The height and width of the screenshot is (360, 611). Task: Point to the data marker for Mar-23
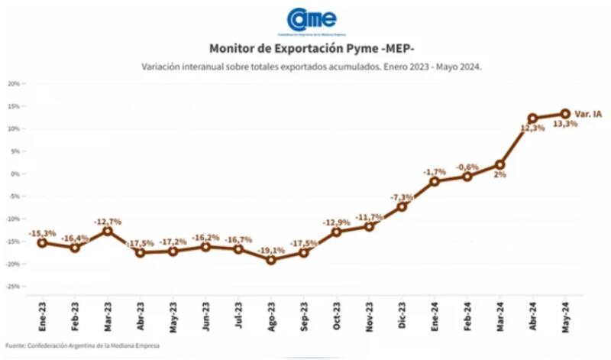point(108,231)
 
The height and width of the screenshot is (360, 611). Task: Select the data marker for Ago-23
point(271,260)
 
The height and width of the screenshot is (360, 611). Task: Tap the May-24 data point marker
point(566,113)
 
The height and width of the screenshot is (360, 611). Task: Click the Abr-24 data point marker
point(532,118)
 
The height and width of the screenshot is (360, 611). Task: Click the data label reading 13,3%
point(565,124)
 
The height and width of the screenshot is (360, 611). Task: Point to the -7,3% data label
point(402,196)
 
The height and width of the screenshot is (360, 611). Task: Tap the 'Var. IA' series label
point(588,114)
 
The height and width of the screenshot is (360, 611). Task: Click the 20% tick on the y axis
point(13,83)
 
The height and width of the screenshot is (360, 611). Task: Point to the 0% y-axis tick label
point(15,174)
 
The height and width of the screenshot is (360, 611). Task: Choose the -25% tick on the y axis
point(12,287)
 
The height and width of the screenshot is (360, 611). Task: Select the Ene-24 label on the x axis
point(435,314)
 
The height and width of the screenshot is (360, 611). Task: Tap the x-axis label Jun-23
point(206,314)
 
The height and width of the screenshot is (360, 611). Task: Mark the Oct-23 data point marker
point(336,232)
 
